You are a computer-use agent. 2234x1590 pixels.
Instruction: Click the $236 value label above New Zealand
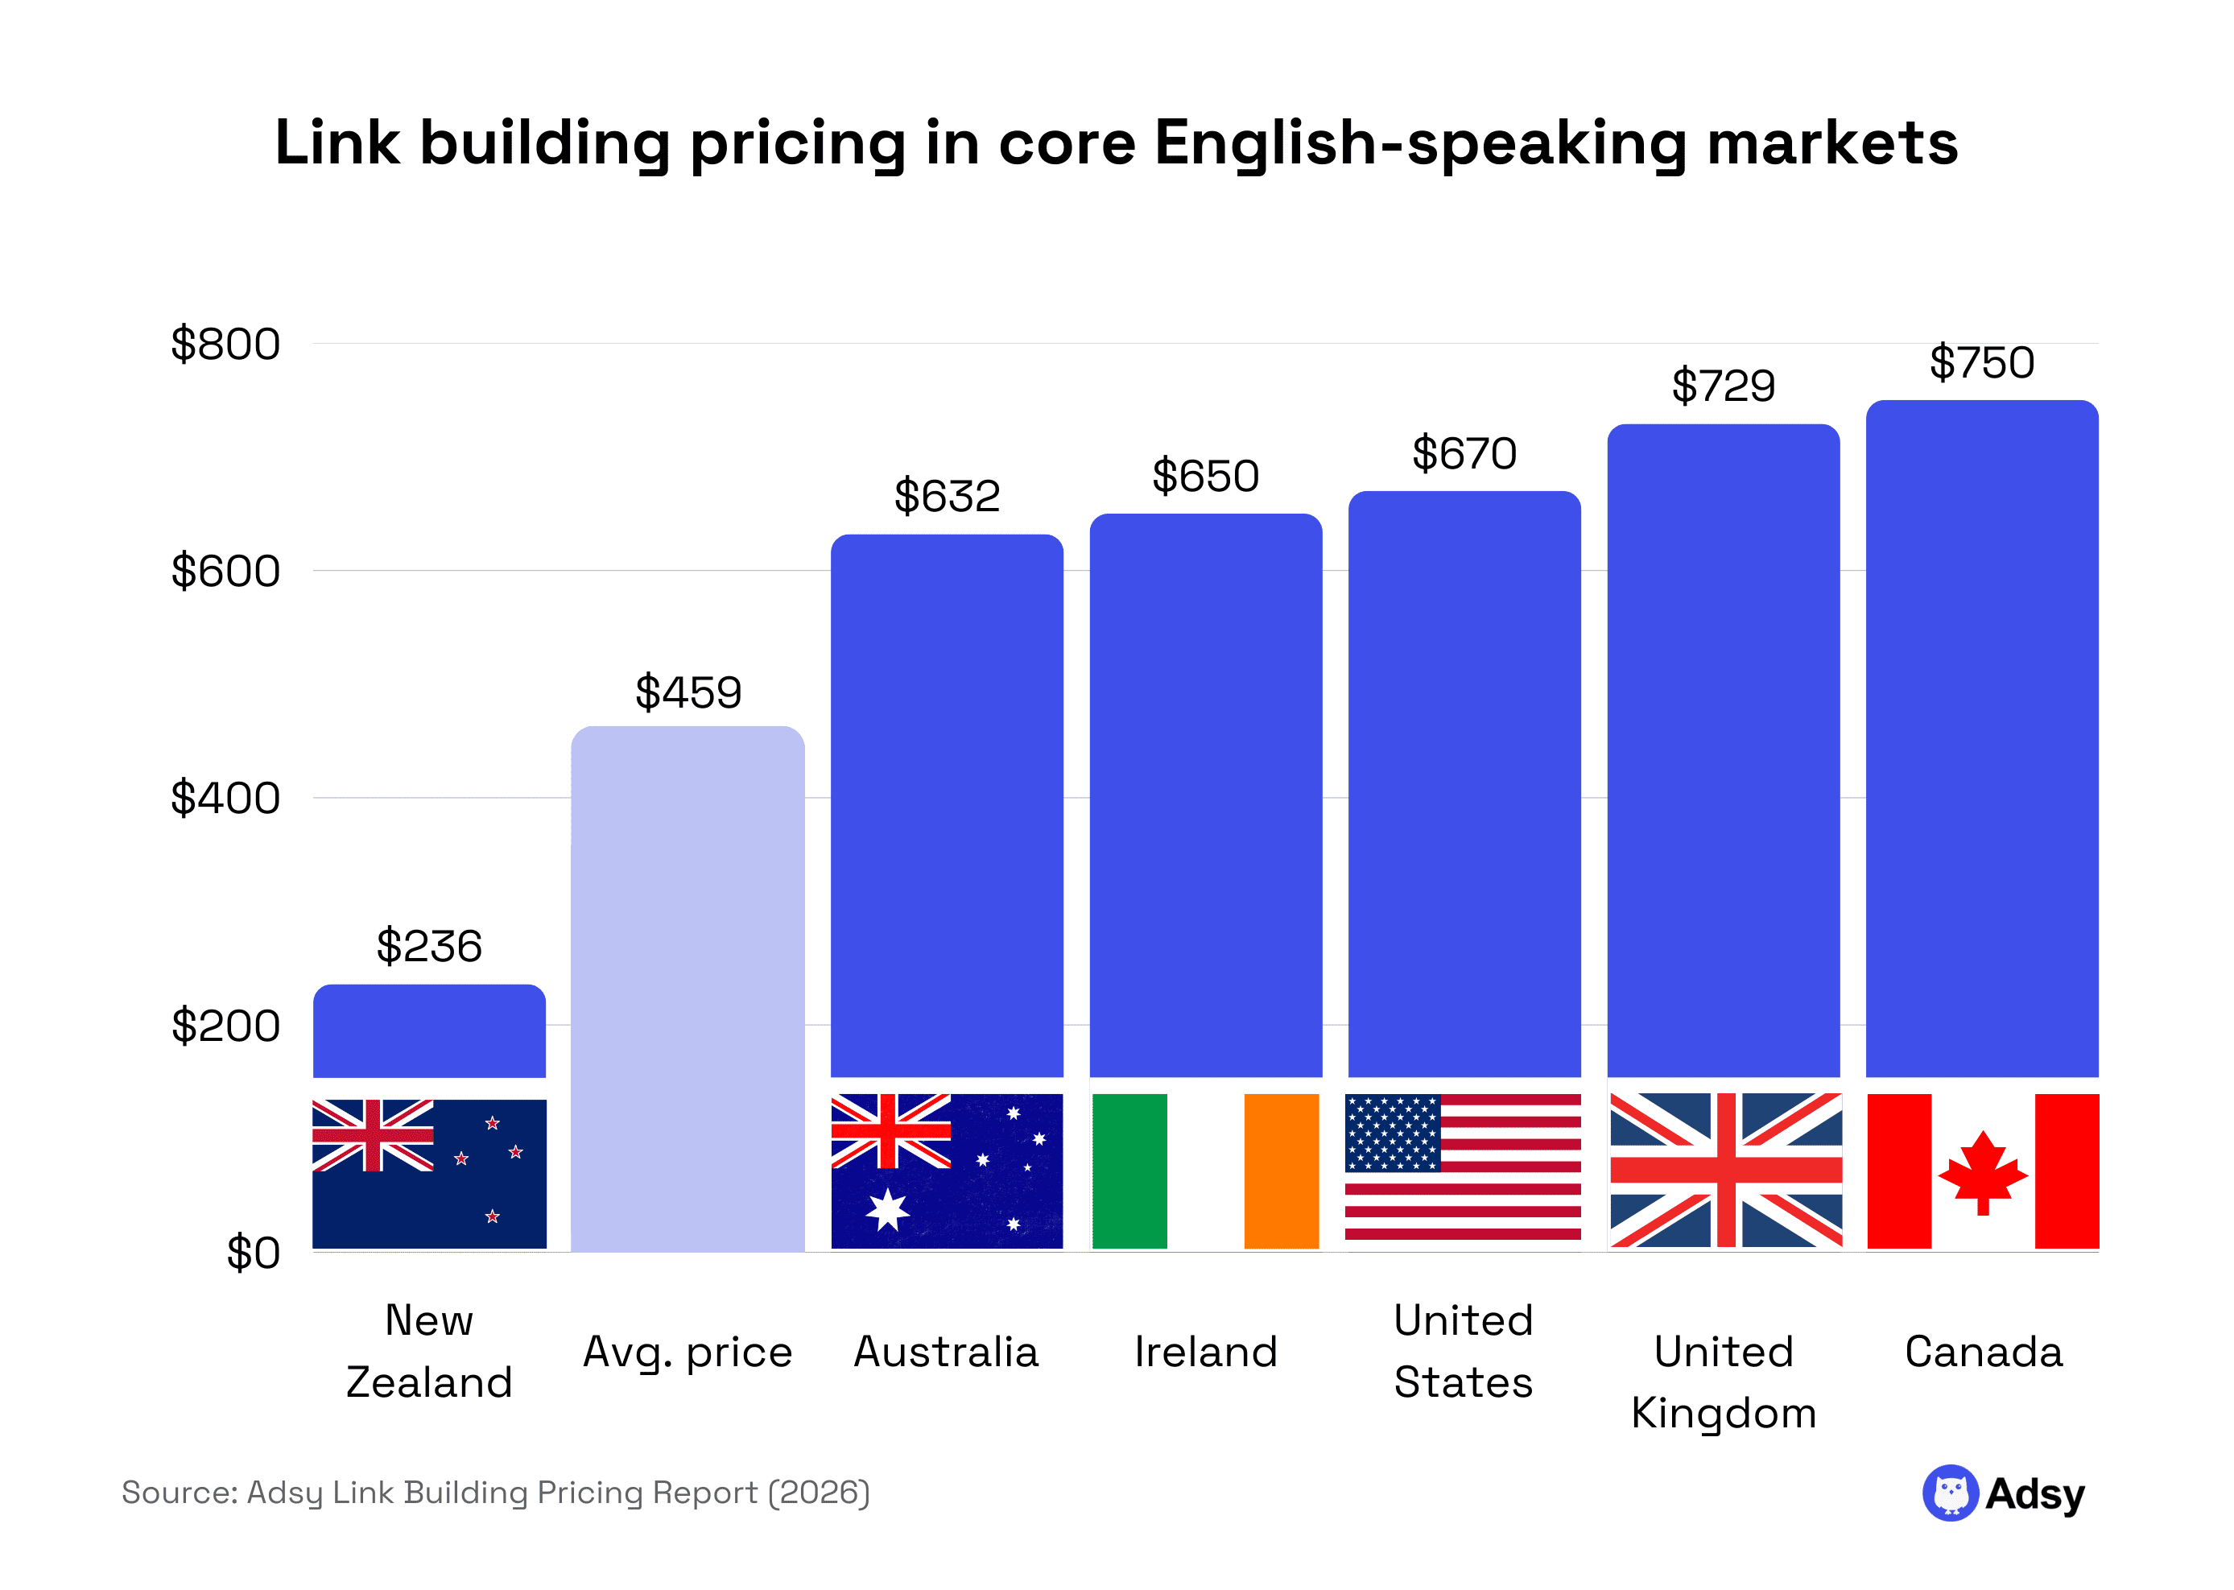tap(429, 947)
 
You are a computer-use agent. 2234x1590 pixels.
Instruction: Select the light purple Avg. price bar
tap(688, 989)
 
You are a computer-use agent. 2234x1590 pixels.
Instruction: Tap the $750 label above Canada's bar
tap(1981, 363)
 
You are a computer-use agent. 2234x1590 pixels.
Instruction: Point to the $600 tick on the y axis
tap(225, 571)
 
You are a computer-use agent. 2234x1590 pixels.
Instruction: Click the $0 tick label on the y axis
tap(253, 1253)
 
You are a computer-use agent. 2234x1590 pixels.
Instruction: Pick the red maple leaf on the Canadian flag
tap(1982, 1173)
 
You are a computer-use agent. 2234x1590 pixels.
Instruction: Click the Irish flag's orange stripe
tap(1281, 1171)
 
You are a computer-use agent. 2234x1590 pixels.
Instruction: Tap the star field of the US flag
tap(1392, 1133)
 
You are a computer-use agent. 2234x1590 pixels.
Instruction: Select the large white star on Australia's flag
tap(887, 1210)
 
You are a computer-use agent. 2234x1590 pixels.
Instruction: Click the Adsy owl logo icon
tap(1950, 1493)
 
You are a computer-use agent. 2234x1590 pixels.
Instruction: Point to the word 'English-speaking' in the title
tap(1420, 144)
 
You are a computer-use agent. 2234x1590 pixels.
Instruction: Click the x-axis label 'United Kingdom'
tap(1723, 1381)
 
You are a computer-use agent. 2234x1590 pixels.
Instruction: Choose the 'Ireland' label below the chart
tap(1205, 1352)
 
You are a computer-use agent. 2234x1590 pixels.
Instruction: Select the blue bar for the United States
tap(1464, 783)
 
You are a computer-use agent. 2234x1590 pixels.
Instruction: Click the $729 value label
tap(1723, 386)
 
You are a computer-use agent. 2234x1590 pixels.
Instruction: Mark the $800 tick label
tap(225, 345)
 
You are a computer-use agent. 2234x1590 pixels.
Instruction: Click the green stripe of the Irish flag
tap(1129, 1171)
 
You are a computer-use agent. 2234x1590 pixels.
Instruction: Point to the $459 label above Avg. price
tap(688, 693)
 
